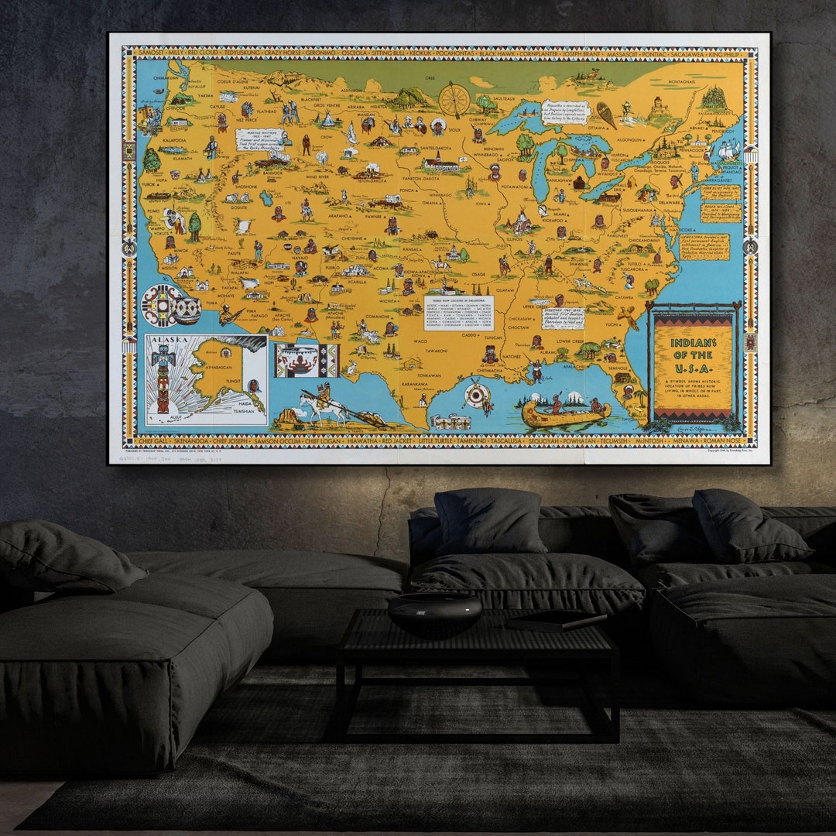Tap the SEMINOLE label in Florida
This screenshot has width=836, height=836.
click(x=619, y=368)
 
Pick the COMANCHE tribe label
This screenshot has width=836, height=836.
click(x=359, y=317)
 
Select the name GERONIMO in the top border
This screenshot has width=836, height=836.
click(x=300, y=54)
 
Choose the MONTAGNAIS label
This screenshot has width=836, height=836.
click(x=670, y=81)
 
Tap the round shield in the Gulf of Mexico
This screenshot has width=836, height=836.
click(x=477, y=395)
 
